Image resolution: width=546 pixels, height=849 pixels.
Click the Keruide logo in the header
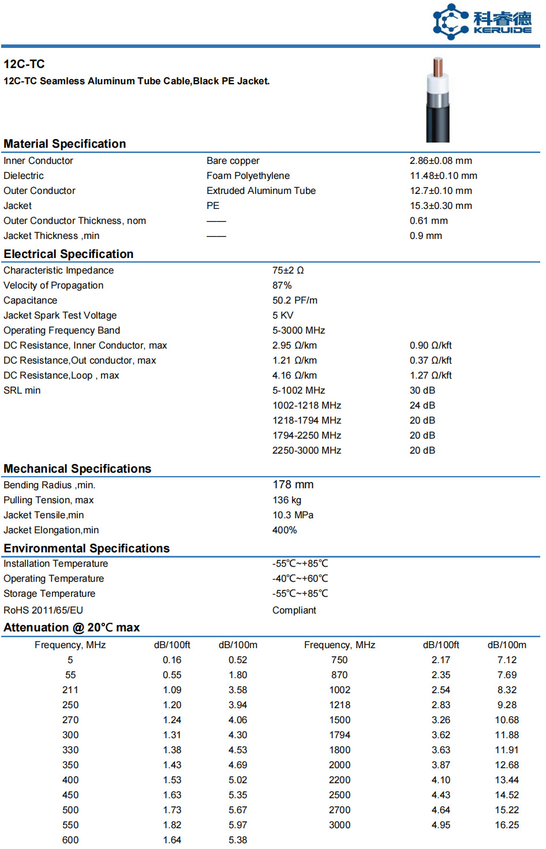pyautogui.click(x=482, y=22)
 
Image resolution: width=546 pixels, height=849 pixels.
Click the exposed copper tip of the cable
pyautogui.click(x=437, y=67)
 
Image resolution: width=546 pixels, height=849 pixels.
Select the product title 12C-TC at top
pyautogui.click(x=24, y=64)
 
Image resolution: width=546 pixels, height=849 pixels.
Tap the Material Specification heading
pyautogui.click(x=65, y=144)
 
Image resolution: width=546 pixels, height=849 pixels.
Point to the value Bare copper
pyautogui.click(x=233, y=160)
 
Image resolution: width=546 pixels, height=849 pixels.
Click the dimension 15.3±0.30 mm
pyautogui.click(x=441, y=205)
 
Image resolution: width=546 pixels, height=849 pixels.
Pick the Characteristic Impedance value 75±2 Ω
pyautogui.click(x=288, y=270)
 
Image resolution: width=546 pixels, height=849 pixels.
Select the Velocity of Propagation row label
pyautogui.click(x=54, y=285)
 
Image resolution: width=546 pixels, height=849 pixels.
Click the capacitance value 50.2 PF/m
pyautogui.click(x=295, y=300)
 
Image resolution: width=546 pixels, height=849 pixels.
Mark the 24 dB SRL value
pyautogui.click(x=422, y=405)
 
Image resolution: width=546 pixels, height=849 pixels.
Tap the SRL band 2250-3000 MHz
pyautogui.click(x=306, y=450)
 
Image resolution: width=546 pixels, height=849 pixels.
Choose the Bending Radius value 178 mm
pyautogui.click(x=293, y=485)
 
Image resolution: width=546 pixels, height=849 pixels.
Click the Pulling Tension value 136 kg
pyautogui.click(x=287, y=500)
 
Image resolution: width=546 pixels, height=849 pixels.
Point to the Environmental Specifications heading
pyautogui.click(x=87, y=548)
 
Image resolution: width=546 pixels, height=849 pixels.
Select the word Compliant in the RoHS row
pyautogui.click(x=294, y=610)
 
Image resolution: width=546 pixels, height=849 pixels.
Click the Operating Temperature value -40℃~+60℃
pyautogui.click(x=300, y=578)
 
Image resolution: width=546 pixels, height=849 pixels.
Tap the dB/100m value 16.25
pyautogui.click(x=507, y=825)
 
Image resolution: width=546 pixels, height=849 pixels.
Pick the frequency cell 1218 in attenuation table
pyautogui.click(x=339, y=705)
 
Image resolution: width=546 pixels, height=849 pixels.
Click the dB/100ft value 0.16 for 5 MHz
pyautogui.click(x=172, y=660)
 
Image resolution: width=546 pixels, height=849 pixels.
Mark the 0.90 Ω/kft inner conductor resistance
pyautogui.click(x=431, y=345)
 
